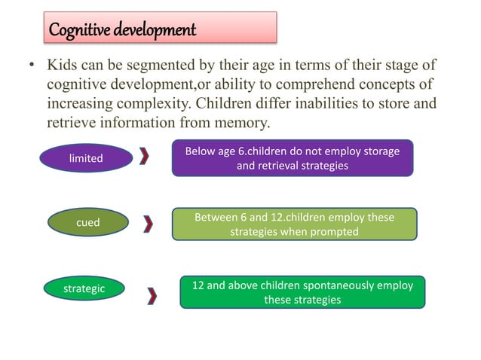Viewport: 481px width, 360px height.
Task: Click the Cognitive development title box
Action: coord(159,29)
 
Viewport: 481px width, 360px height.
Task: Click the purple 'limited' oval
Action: coord(86,158)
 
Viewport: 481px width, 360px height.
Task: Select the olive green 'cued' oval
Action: coord(87,223)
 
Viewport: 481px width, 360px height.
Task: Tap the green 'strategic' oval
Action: coord(84,288)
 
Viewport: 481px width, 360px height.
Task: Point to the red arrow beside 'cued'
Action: coord(149,224)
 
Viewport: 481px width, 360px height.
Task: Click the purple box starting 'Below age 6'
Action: coord(293,158)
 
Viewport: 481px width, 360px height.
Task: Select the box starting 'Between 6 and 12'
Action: coord(294,224)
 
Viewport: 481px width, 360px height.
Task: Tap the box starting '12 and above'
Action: coord(302,292)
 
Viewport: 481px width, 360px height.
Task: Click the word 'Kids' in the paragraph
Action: coord(63,66)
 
